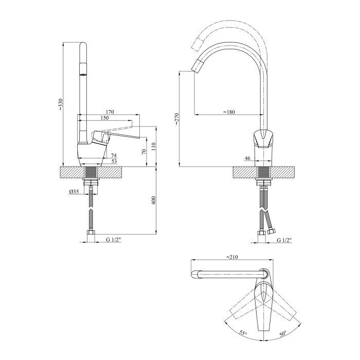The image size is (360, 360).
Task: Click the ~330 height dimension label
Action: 60,105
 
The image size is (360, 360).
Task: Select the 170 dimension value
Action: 110,112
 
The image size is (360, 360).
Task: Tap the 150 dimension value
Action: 104,118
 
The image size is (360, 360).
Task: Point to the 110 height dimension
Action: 154,147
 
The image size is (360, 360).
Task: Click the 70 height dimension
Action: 144,152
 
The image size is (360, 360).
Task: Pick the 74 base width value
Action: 114,156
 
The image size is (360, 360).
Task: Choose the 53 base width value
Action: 114,161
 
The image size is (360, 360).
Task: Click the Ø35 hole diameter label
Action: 74,191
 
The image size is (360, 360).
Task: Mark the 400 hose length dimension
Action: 154,201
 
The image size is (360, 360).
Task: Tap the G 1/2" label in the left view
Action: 114,240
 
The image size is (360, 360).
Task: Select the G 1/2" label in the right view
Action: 284,240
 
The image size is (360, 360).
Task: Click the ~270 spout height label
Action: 176,119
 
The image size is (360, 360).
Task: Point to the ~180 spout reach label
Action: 229,112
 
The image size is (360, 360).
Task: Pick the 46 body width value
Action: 247,158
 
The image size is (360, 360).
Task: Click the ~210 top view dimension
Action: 232,257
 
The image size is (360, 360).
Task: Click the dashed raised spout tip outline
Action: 197,43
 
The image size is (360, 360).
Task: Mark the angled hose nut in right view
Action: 272,231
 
